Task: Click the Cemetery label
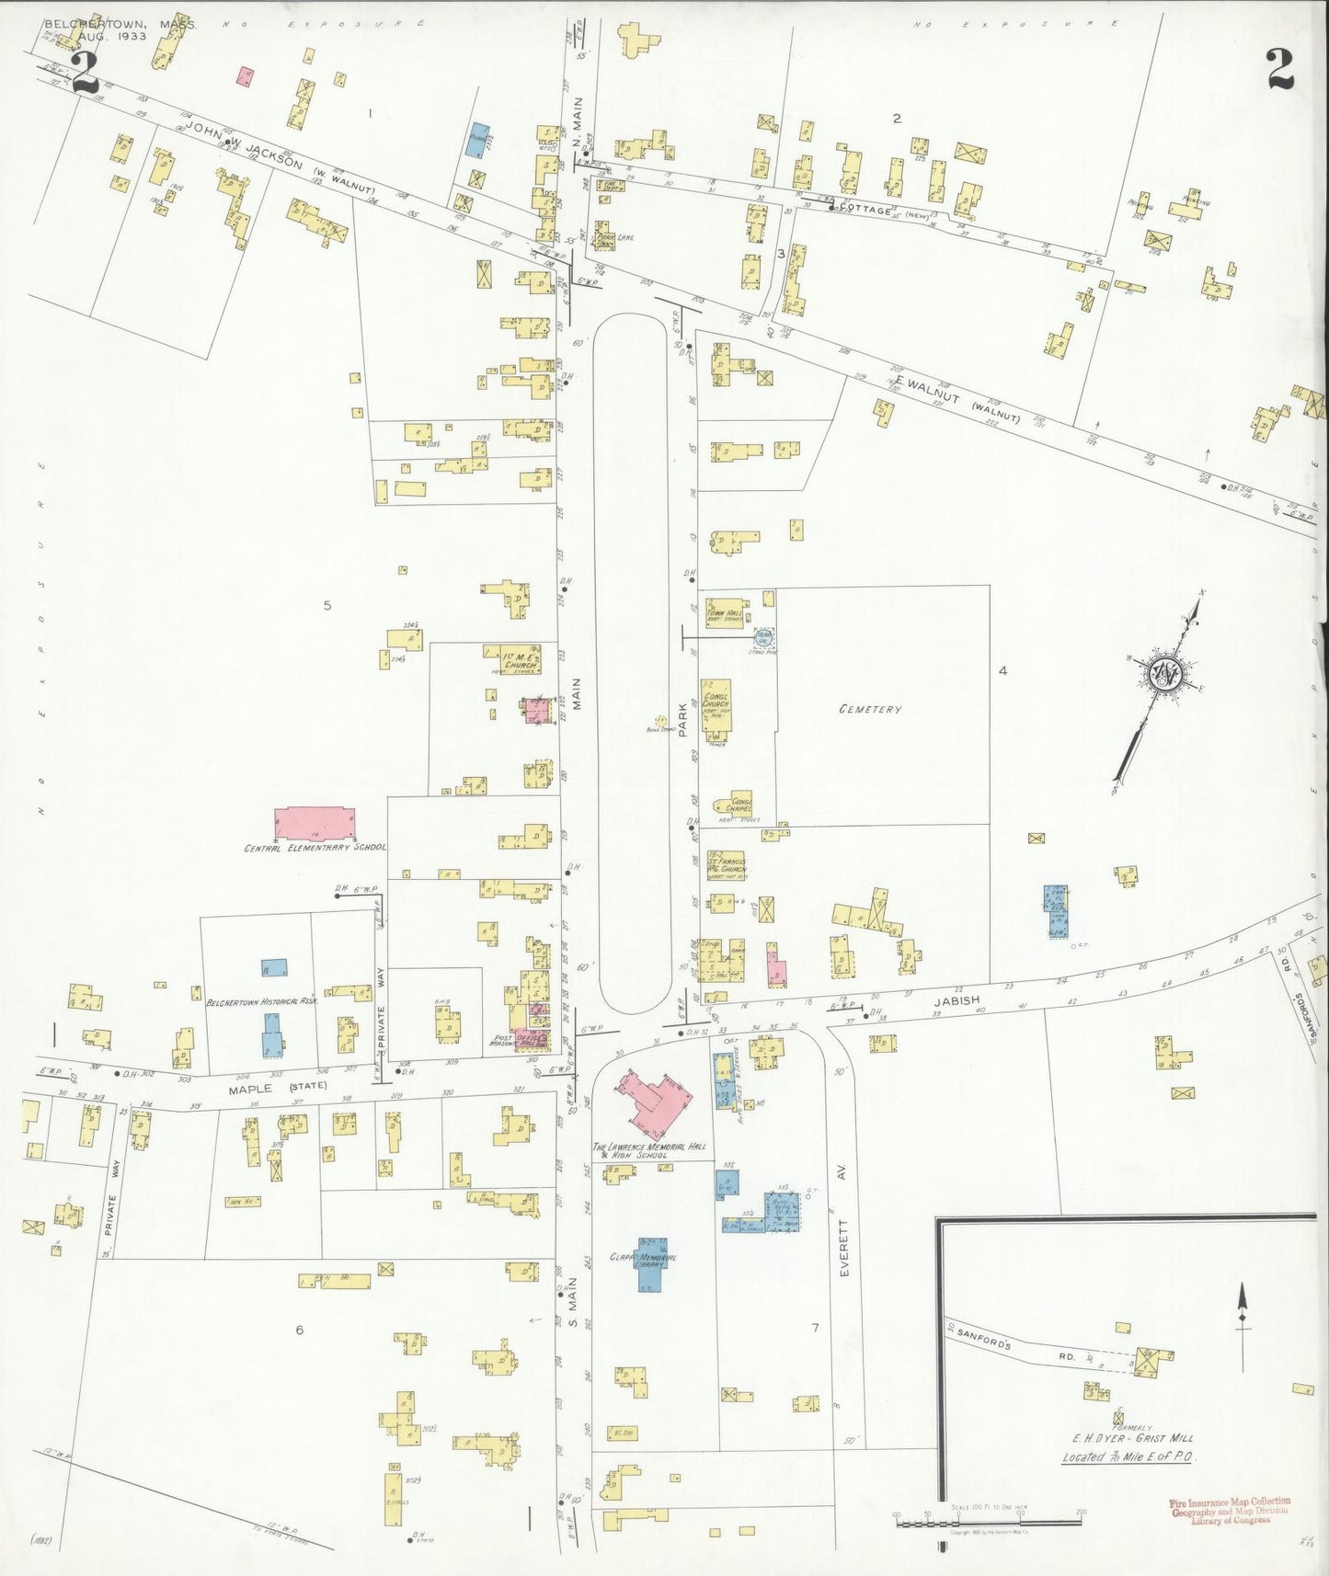tap(869, 709)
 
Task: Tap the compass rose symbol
tap(1167, 674)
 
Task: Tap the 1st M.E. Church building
tap(519, 660)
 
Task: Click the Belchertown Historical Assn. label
tap(262, 1002)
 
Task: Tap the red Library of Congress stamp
tap(1229, 1513)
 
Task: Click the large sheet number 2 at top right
tap(1279, 68)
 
